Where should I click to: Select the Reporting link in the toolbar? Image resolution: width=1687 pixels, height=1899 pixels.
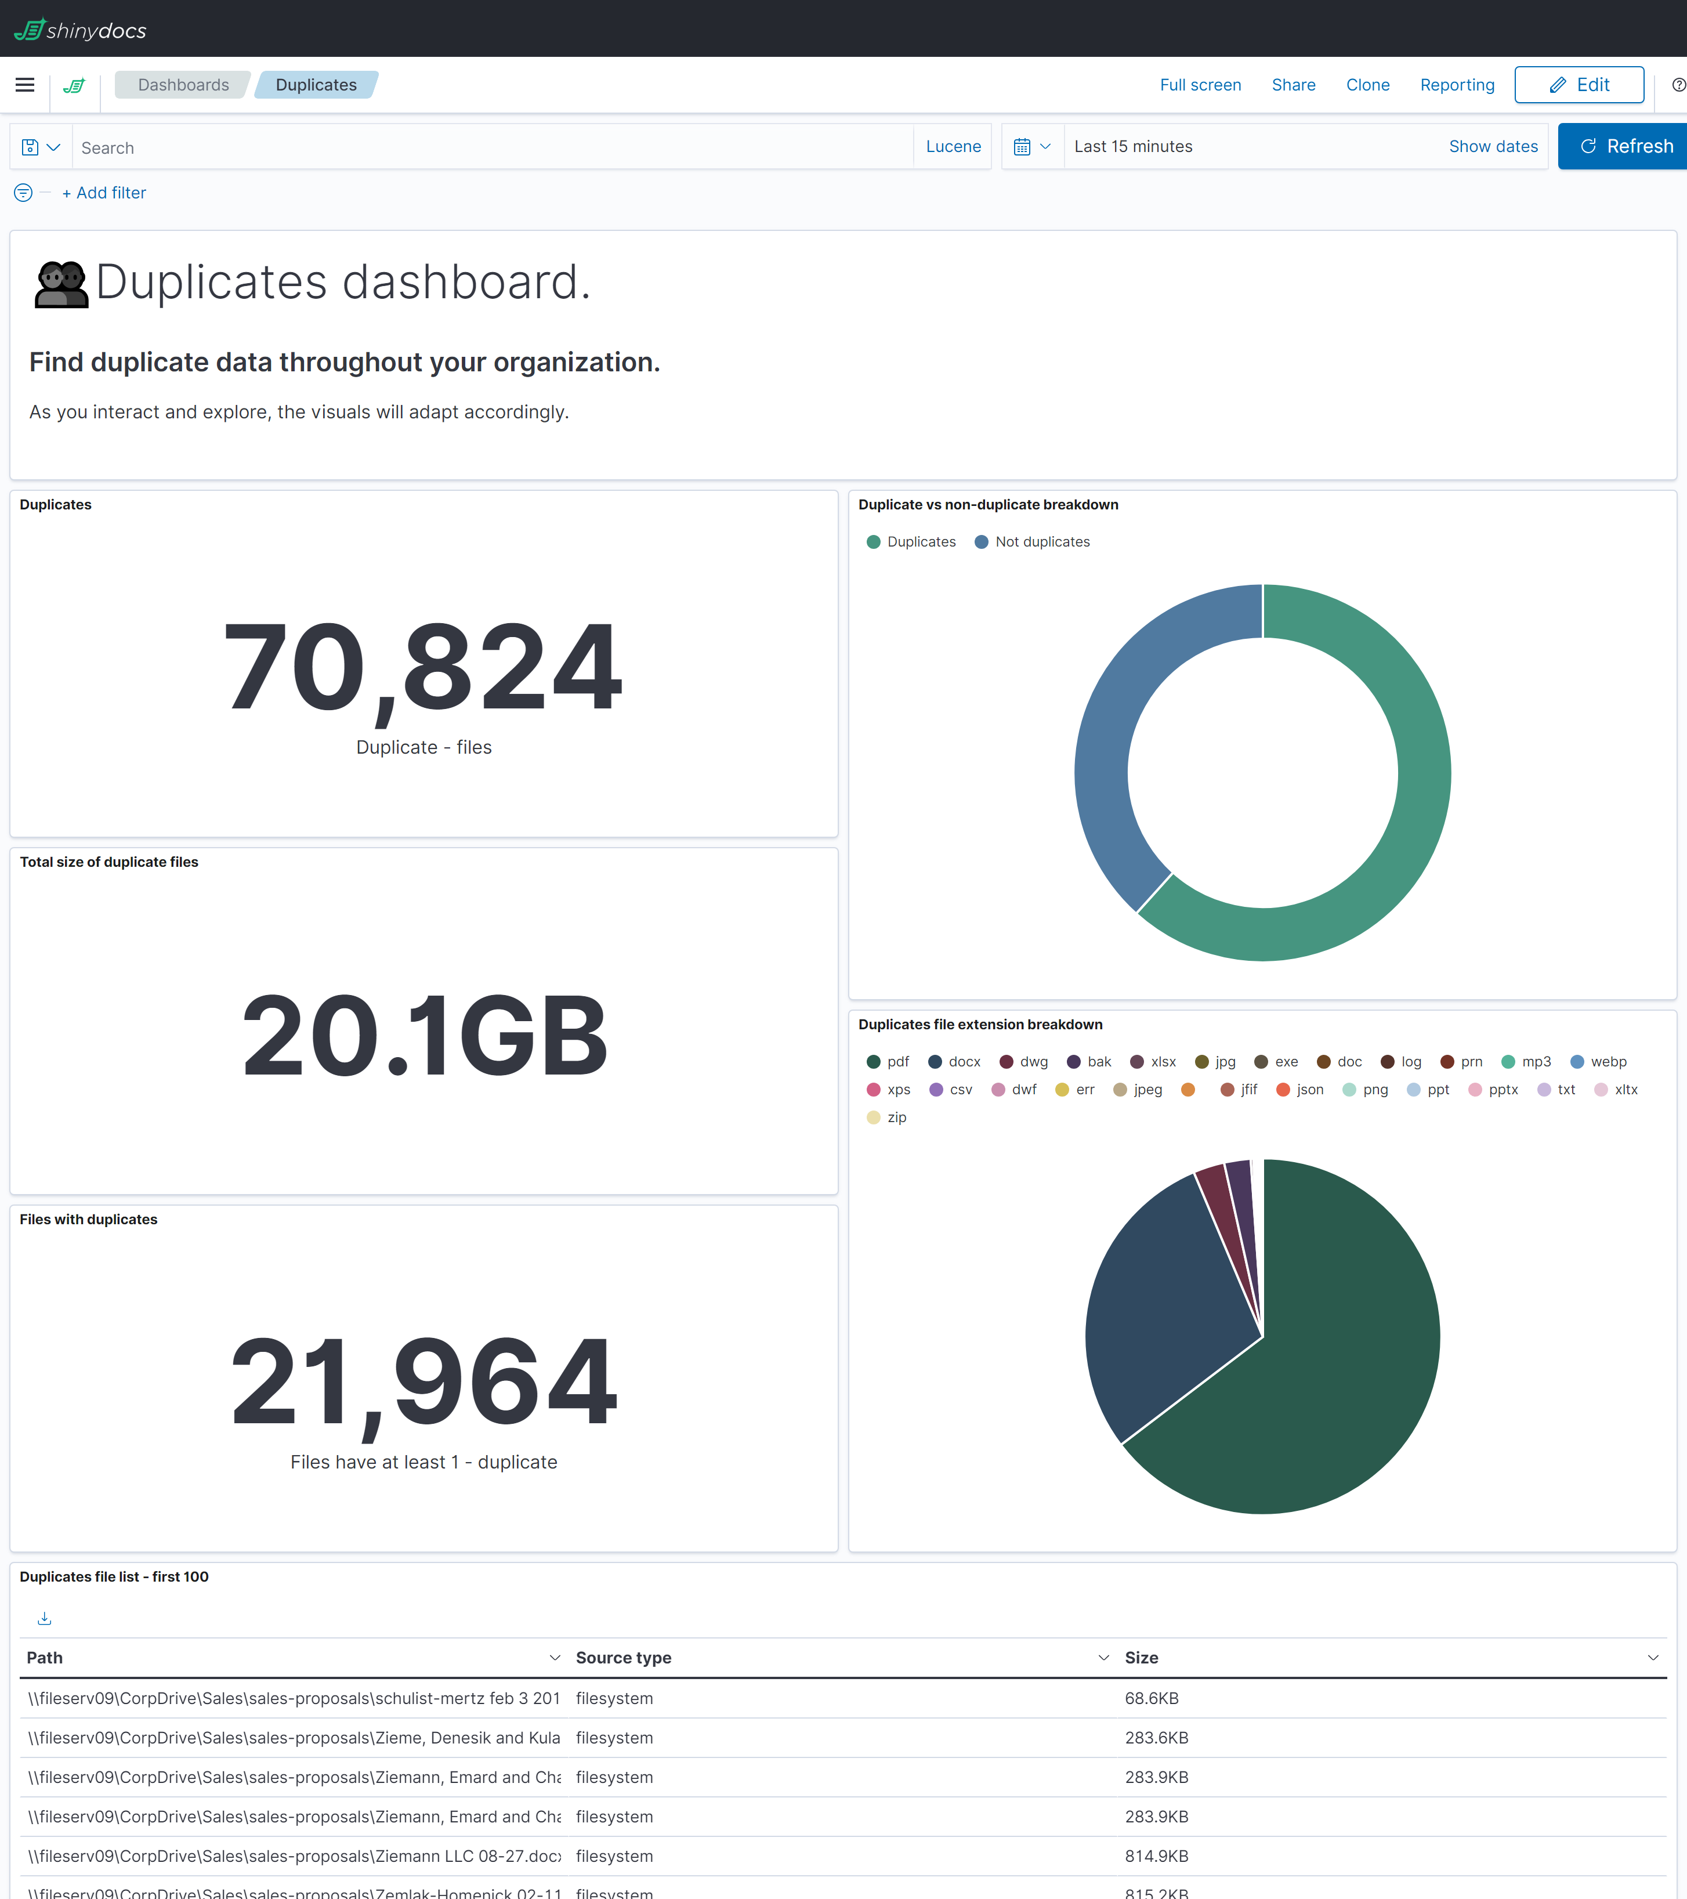click(1457, 85)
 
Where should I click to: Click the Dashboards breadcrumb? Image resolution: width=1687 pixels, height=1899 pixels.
click(183, 85)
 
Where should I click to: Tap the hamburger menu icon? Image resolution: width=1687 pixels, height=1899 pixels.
click(25, 85)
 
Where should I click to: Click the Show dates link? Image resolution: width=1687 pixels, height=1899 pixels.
click(1492, 146)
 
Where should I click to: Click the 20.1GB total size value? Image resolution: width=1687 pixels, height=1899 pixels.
click(423, 1034)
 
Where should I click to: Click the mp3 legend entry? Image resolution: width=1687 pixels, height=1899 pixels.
click(1534, 1061)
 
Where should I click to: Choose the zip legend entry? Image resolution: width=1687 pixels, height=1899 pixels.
click(896, 1117)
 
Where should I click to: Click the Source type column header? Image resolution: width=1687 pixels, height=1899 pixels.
click(623, 1658)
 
